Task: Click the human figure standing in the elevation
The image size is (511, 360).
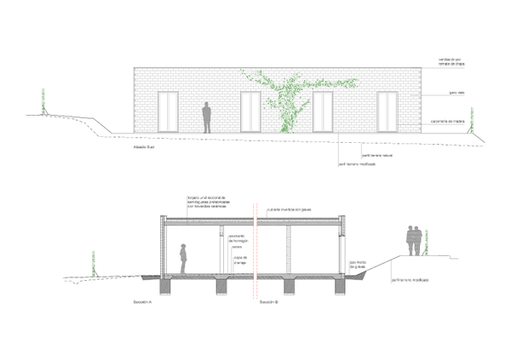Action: click(206, 117)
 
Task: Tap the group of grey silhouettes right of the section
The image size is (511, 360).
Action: click(414, 239)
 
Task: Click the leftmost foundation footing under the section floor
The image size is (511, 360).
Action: click(166, 288)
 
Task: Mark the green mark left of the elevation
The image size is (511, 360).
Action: click(43, 99)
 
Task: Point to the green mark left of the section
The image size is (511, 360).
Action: click(95, 262)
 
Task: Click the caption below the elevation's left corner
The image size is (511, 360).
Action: click(144, 146)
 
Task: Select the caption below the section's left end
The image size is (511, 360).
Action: click(142, 302)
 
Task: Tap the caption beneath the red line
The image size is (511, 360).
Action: click(267, 302)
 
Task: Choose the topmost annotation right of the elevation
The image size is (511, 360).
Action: click(451, 62)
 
